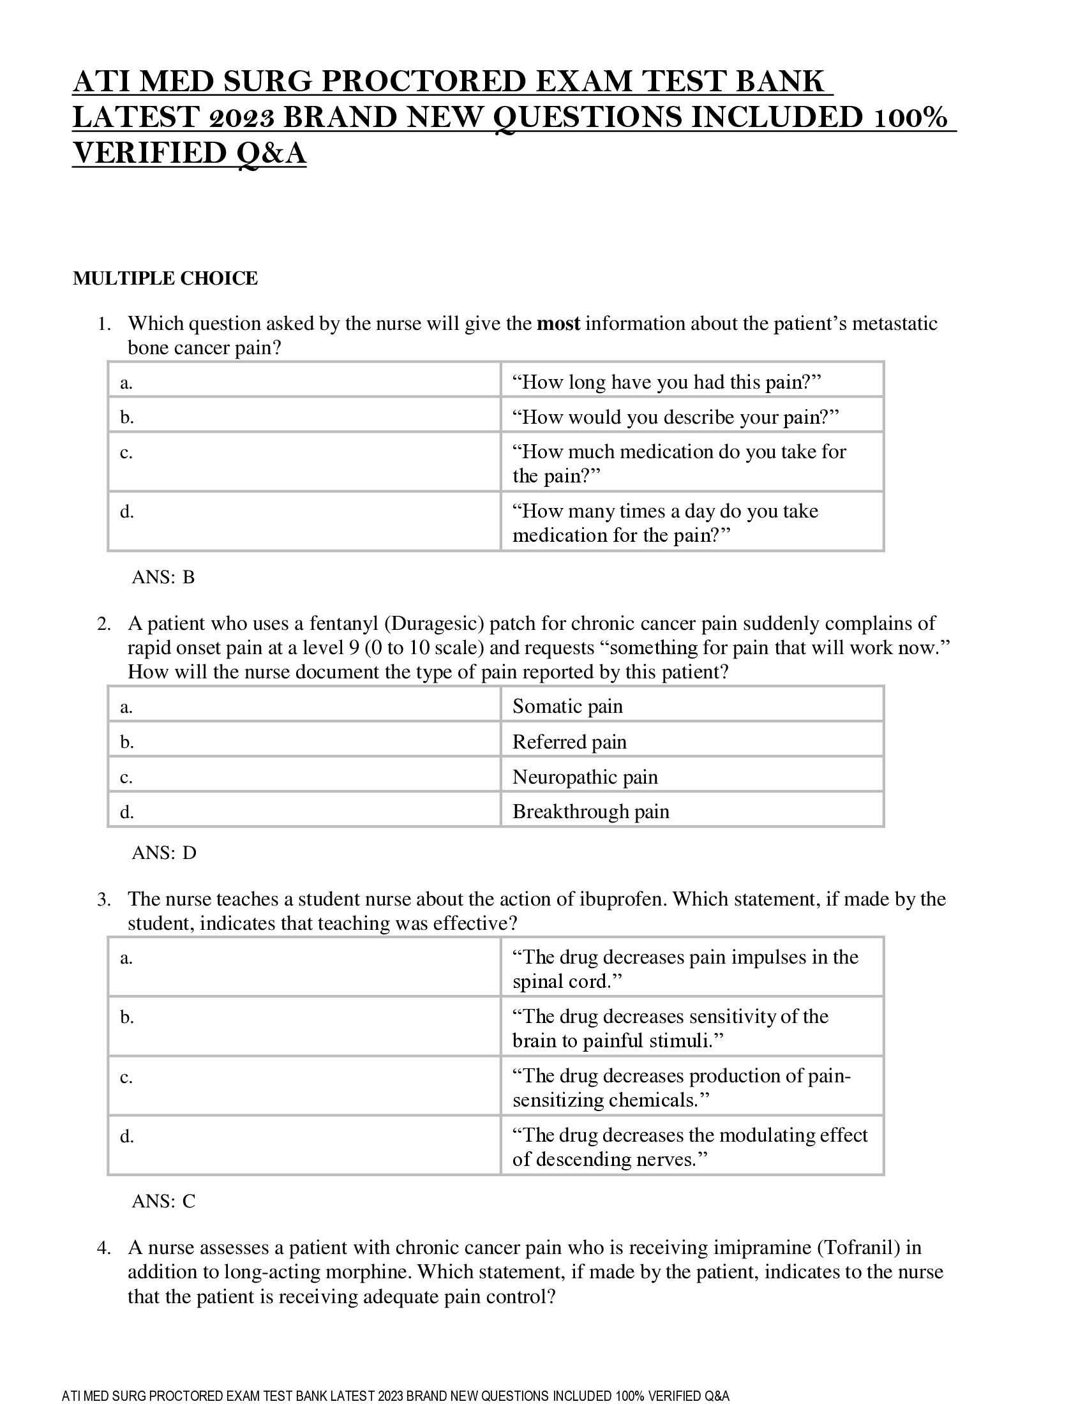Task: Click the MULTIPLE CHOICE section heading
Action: click(165, 278)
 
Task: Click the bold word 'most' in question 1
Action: click(558, 324)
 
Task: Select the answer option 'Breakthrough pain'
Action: click(591, 811)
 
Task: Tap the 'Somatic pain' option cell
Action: click(567, 706)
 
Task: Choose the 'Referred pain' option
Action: click(569, 742)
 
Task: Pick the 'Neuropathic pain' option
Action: click(585, 777)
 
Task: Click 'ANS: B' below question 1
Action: click(163, 578)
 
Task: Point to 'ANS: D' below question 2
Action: click(164, 853)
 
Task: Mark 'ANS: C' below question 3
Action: click(163, 1201)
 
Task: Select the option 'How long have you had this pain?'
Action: click(666, 382)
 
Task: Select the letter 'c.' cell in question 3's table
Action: click(126, 1077)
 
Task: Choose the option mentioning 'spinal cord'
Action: click(685, 969)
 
